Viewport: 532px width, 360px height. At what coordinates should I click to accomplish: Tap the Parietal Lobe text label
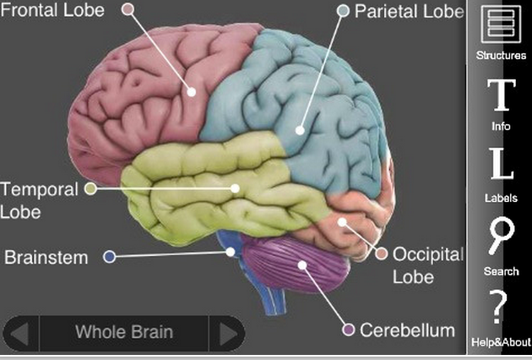[x=409, y=11]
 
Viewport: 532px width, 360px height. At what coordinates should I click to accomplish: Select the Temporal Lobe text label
[x=39, y=199]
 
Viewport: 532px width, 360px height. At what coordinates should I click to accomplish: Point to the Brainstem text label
[x=46, y=256]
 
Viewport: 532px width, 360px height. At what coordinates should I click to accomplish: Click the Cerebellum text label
[x=407, y=330]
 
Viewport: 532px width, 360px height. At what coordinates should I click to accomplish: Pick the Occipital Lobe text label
[x=429, y=265]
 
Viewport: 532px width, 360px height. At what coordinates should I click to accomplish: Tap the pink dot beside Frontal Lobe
[x=128, y=10]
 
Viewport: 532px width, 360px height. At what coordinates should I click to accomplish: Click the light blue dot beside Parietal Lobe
[x=343, y=11]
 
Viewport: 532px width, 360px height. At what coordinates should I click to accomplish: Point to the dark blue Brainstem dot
[x=109, y=256]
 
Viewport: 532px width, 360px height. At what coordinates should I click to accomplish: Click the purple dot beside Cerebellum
[x=347, y=329]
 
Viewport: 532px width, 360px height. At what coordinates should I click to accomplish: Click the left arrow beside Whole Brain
[x=23, y=332]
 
